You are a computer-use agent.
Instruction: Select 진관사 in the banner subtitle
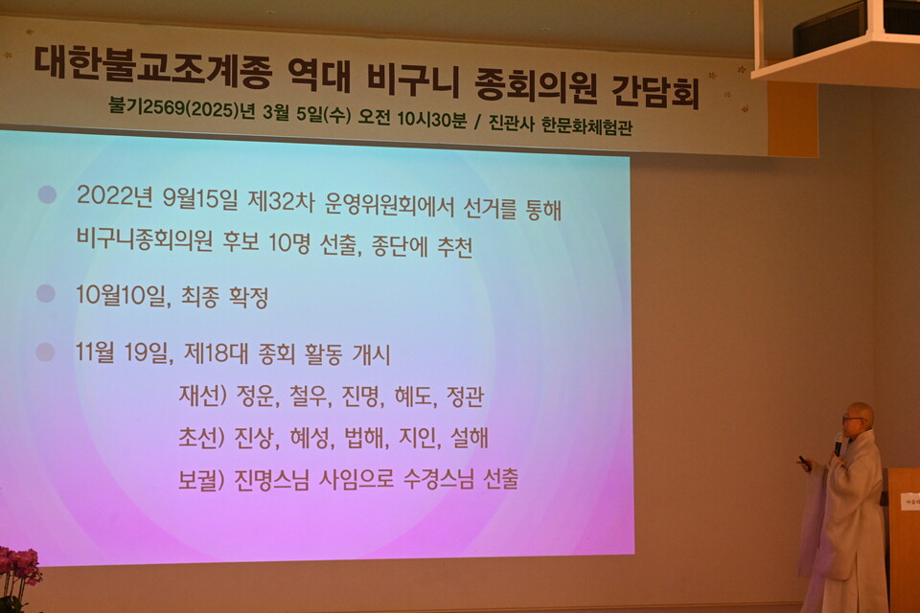[511, 124]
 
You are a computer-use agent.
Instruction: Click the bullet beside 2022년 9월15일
[47, 194]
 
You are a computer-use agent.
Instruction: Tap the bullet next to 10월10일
[46, 293]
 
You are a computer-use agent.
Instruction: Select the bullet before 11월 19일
[45, 352]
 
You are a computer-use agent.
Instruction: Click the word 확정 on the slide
[248, 297]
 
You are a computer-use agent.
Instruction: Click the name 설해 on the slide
[470, 437]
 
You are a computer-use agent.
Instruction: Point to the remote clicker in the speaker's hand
[804, 463]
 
